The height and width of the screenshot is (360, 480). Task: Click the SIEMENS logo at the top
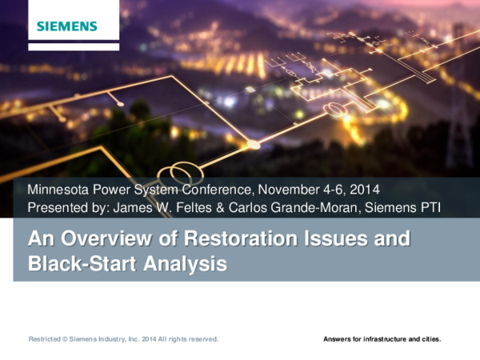pos(66,26)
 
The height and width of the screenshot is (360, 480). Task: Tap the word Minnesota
pos(60,190)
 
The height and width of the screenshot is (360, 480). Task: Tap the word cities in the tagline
pos(432,339)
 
